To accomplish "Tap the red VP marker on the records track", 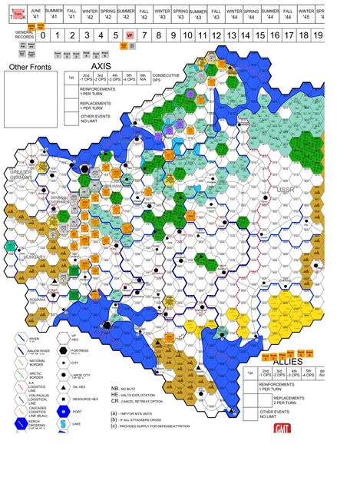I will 129,35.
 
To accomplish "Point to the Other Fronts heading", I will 28,68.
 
